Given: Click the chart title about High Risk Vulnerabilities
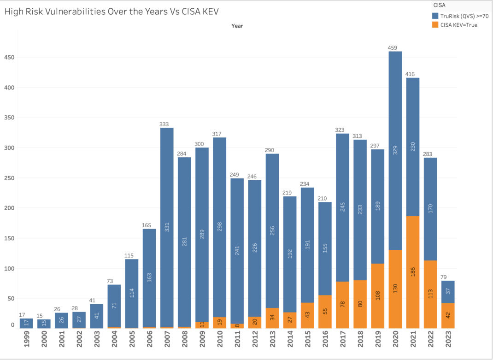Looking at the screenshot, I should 112,12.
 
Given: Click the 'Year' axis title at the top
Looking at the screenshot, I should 237,26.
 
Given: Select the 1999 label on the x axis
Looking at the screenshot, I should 26,342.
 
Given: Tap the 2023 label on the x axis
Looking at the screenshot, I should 448,342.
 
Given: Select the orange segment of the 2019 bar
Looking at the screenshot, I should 378,295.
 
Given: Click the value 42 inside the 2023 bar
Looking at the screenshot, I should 448,315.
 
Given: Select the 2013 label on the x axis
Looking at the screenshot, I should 272,342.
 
